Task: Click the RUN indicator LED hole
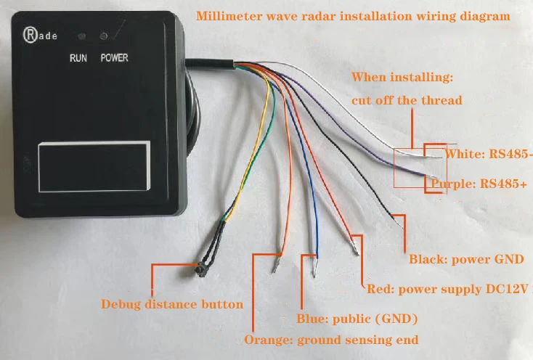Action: (x=82, y=36)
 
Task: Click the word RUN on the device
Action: (x=79, y=57)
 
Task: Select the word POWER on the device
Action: (x=114, y=57)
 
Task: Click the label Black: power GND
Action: (x=466, y=259)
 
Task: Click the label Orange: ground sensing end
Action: (x=331, y=339)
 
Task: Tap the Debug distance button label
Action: (x=172, y=304)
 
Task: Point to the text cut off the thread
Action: (x=407, y=100)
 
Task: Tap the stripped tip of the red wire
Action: (x=355, y=247)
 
